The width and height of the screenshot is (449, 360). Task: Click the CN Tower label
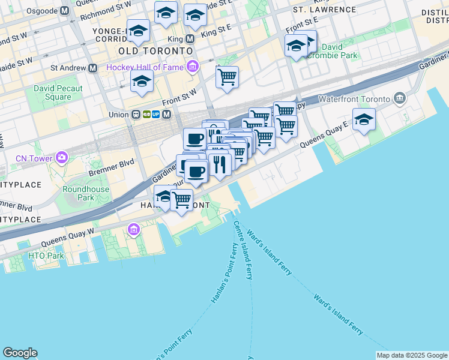34,158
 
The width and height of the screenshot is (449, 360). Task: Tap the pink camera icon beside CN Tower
61,158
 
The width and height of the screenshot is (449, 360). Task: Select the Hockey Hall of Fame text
145,67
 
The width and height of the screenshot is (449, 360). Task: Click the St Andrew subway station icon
93,68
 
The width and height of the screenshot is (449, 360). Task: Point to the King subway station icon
190,39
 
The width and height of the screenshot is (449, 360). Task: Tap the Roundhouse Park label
86,193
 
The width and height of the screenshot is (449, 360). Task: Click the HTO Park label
46,256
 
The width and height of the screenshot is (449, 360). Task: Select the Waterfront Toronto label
355,98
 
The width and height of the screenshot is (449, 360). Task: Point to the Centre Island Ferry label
243,251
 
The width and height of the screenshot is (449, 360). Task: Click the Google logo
20,353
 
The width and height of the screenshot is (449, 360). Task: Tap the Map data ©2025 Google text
412,355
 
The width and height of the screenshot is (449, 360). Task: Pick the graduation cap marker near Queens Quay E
364,120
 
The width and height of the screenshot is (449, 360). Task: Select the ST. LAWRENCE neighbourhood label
324,10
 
